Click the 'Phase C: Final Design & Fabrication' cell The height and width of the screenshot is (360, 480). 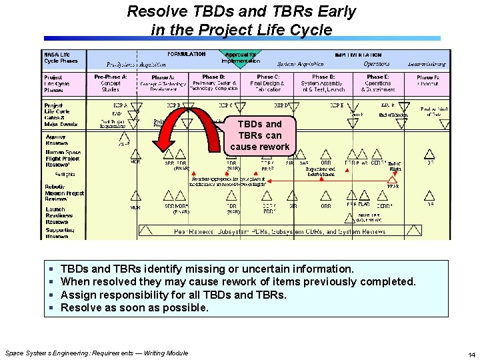[268, 83]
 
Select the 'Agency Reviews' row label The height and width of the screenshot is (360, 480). [57, 140]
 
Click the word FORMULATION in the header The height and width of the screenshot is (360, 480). [187, 54]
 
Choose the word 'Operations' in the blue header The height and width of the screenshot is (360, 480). [377, 64]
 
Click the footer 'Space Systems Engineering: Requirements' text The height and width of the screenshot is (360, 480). [96, 353]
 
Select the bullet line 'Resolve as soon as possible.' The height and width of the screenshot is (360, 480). [134, 307]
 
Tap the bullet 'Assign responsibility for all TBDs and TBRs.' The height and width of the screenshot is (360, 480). [173, 295]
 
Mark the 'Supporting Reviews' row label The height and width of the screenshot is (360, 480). [60, 233]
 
